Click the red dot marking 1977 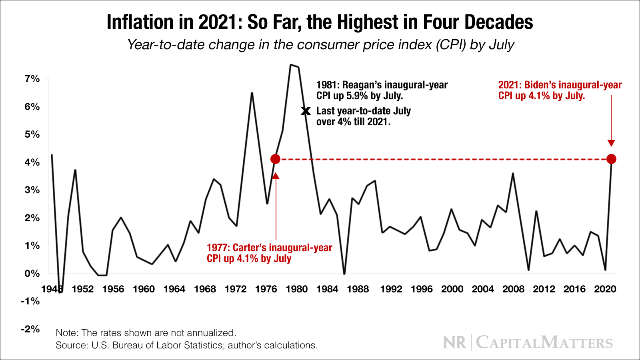click(x=275, y=159)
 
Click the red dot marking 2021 click(x=611, y=159)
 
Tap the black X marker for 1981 click(x=306, y=111)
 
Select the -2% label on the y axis click(x=30, y=329)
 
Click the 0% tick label click(x=32, y=274)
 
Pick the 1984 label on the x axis click(x=327, y=289)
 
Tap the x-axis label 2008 click(x=513, y=289)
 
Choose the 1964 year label click(x=174, y=289)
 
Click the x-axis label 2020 click(x=605, y=289)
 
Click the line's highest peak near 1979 click(x=291, y=65)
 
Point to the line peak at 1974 click(x=252, y=93)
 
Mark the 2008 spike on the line click(x=513, y=174)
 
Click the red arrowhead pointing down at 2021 click(x=611, y=143)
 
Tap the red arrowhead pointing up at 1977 click(x=275, y=176)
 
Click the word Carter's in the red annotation click(x=249, y=248)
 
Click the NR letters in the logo click(x=455, y=343)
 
